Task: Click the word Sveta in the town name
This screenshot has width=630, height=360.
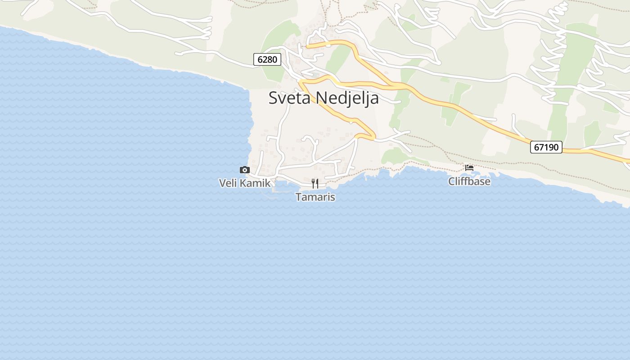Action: tap(289, 98)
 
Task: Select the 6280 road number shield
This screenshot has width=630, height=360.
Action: tap(267, 59)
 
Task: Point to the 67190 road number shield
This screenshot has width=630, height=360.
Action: tap(546, 147)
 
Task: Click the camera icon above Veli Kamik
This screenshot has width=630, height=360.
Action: tap(245, 170)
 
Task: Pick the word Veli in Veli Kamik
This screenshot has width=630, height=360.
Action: tap(228, 183)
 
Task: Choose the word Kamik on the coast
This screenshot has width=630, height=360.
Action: tap(255, 183)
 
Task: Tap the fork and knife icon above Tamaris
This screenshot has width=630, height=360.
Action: tap(315, 183)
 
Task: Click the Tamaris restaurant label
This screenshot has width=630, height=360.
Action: tap(315, 197)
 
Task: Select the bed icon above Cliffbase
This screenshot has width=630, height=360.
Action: tap(469, 167)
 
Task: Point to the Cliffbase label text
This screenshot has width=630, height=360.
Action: tap(469, 181)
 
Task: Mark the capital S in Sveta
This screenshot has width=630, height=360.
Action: tap(273, 98)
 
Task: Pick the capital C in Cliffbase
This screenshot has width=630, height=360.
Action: tap(452, 181)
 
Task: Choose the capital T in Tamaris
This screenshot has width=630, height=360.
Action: tap(298, 197)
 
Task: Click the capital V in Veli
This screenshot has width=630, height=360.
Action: tap(222, 183)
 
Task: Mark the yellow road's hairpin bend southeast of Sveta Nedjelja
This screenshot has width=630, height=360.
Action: tap(373, 135)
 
